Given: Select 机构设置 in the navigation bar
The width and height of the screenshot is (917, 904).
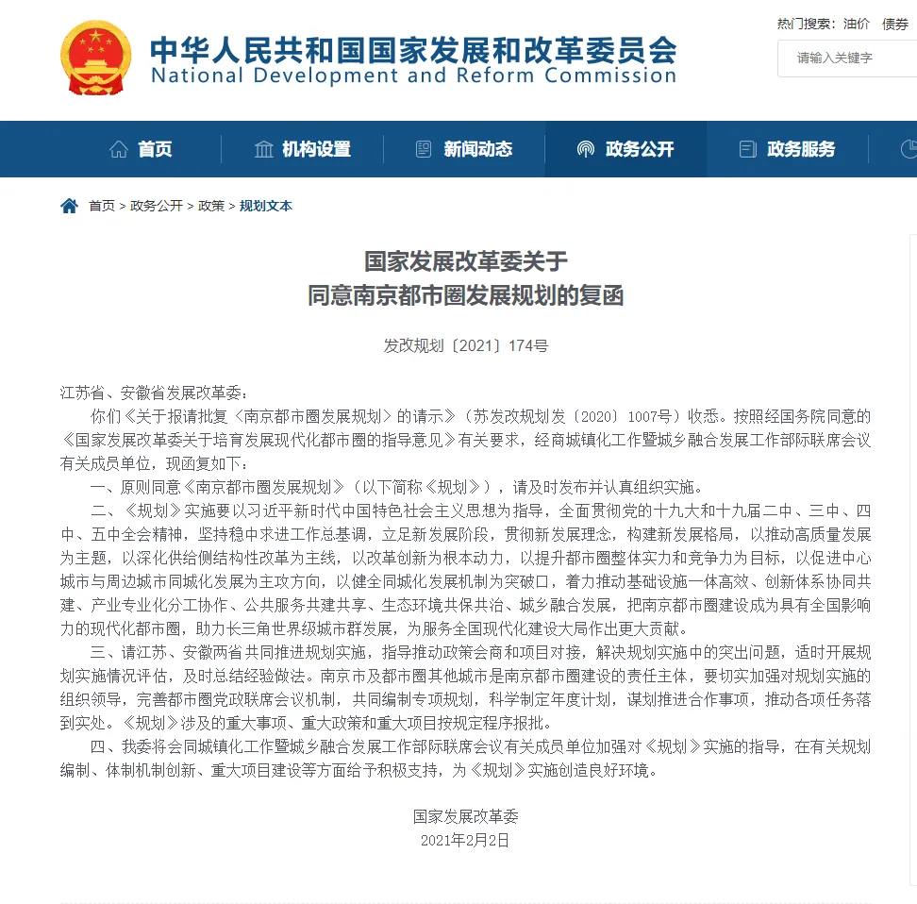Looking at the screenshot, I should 303,149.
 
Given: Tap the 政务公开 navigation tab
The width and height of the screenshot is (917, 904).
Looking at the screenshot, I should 625,149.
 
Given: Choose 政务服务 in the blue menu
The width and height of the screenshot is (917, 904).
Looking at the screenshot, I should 788,149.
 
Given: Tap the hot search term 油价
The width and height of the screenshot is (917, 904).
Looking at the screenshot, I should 857,25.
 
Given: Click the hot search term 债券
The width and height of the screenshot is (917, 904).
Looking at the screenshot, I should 895,25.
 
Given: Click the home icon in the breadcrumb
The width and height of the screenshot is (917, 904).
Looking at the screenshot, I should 69,206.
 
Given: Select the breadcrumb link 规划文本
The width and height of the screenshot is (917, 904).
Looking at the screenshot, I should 266,206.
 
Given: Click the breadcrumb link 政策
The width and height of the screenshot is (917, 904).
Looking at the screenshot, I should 211,206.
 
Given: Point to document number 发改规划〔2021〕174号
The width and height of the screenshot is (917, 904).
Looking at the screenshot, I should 465,346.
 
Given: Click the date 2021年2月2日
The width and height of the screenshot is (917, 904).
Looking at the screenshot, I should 465,840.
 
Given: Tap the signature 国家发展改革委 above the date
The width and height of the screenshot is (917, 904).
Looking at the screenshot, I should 465,816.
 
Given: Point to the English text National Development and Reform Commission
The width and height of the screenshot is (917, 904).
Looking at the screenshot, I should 413,76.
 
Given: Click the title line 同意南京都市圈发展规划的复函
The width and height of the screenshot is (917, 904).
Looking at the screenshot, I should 465,295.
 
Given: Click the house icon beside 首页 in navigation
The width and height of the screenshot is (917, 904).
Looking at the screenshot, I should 119,149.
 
